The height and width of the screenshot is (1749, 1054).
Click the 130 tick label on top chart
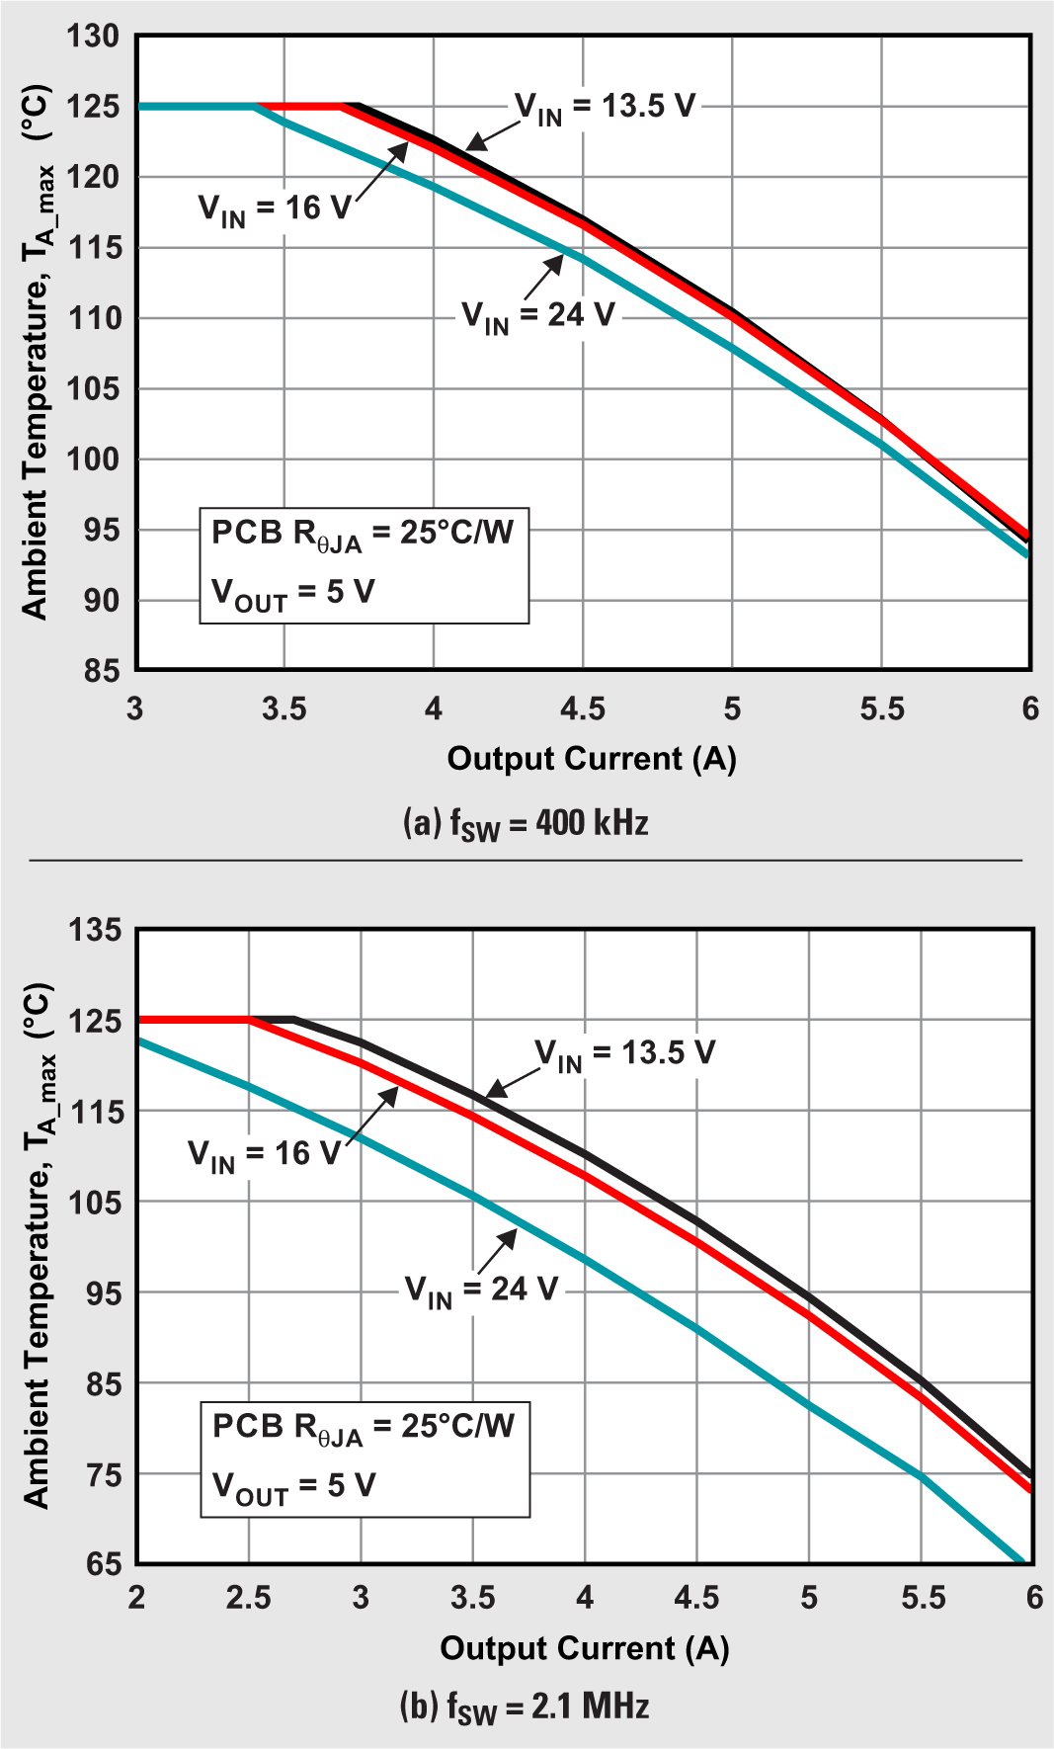point(93,37)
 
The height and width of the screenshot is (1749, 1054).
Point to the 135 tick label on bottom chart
point(94,931)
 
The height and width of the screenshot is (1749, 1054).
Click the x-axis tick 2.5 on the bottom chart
point(248,1599)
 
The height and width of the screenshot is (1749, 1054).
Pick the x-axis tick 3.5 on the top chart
point(284,709)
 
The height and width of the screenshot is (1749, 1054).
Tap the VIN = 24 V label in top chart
point(538,316)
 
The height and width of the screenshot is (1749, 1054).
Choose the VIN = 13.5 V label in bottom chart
point(624,1053)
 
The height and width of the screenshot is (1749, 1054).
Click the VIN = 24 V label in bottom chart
point(481,1291)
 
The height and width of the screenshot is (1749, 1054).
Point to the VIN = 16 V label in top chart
point(275,208)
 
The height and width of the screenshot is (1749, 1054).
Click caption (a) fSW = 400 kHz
point(526,823)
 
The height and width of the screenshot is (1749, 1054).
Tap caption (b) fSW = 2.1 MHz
point(525,1707)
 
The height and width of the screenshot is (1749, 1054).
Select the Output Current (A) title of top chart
point(592,759)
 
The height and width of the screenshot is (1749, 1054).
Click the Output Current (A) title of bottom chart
point(584,1648)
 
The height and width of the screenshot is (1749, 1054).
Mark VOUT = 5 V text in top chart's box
point(293,593)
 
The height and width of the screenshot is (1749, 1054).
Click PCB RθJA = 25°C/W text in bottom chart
point(364,1427)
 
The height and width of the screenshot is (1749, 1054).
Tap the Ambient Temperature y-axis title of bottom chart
point(38,1247)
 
